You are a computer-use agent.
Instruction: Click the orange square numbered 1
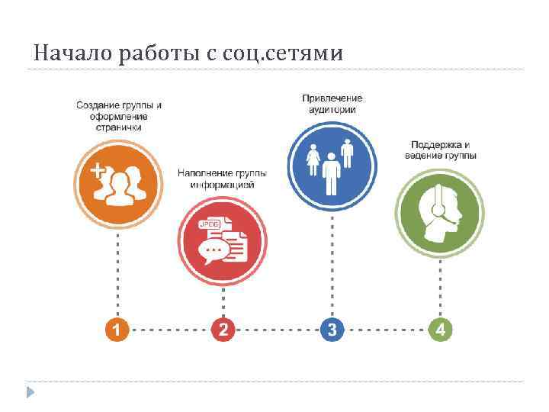tap(117, 330)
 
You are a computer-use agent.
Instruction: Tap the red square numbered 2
tap(223, 330)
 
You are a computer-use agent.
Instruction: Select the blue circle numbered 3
tap(332, 330)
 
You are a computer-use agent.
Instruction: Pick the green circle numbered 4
tap(441, 330)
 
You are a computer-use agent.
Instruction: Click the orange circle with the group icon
tap(118, 183)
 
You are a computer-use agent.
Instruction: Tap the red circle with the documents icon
tap(223, 239)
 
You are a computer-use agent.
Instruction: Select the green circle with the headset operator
tap(439, 211)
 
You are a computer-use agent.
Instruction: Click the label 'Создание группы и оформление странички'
tap(118, 116)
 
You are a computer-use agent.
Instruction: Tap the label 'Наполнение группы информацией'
tap(223, 179)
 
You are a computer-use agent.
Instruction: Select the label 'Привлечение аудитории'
tap(332, 104)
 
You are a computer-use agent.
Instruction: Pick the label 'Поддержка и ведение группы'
tap(441, 150)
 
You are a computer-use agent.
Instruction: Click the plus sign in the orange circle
tap(98, 172)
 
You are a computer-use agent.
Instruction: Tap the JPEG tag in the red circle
tap(208, 224)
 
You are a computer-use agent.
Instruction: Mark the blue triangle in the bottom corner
tap(30, 393)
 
